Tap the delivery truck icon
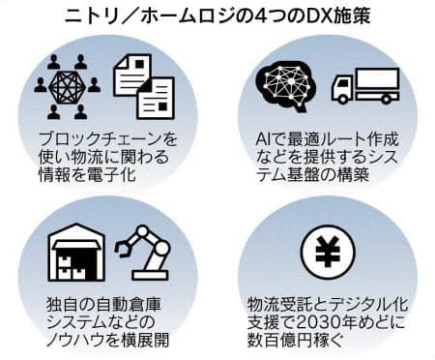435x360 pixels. pyautogui.click(x=362, y=85)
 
